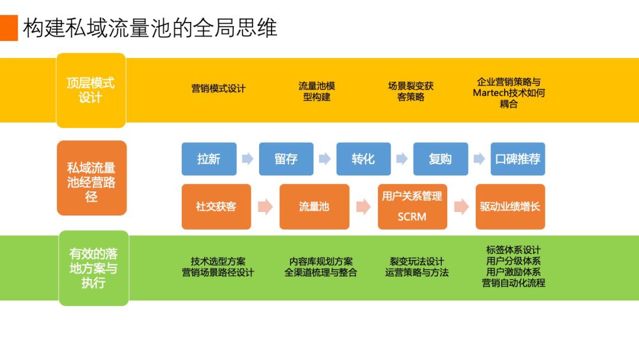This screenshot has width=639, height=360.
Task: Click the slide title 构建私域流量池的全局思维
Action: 150,28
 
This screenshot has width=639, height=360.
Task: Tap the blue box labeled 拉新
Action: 209,159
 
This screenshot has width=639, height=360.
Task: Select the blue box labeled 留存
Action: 286,159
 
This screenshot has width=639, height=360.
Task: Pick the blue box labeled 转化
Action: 363,159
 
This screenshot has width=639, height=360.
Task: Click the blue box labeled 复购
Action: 440,159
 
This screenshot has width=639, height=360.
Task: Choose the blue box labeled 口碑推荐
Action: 518,159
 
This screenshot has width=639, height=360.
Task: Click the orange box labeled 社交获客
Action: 216,207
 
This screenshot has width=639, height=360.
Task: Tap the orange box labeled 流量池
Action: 314,207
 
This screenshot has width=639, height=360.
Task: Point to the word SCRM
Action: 412,217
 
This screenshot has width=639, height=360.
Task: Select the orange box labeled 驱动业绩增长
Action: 510,207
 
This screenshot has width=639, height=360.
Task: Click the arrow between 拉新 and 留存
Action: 247,159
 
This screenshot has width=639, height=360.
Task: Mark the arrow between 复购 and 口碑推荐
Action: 479,159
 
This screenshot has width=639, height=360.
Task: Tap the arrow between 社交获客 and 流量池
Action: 265,207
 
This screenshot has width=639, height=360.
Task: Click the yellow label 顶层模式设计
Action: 91,90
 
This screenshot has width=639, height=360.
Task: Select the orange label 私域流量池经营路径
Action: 91,178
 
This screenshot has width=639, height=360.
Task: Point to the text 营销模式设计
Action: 218,89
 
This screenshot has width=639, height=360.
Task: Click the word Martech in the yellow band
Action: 489,93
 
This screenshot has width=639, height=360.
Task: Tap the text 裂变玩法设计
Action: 417,261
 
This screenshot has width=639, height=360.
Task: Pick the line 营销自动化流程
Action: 514,283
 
